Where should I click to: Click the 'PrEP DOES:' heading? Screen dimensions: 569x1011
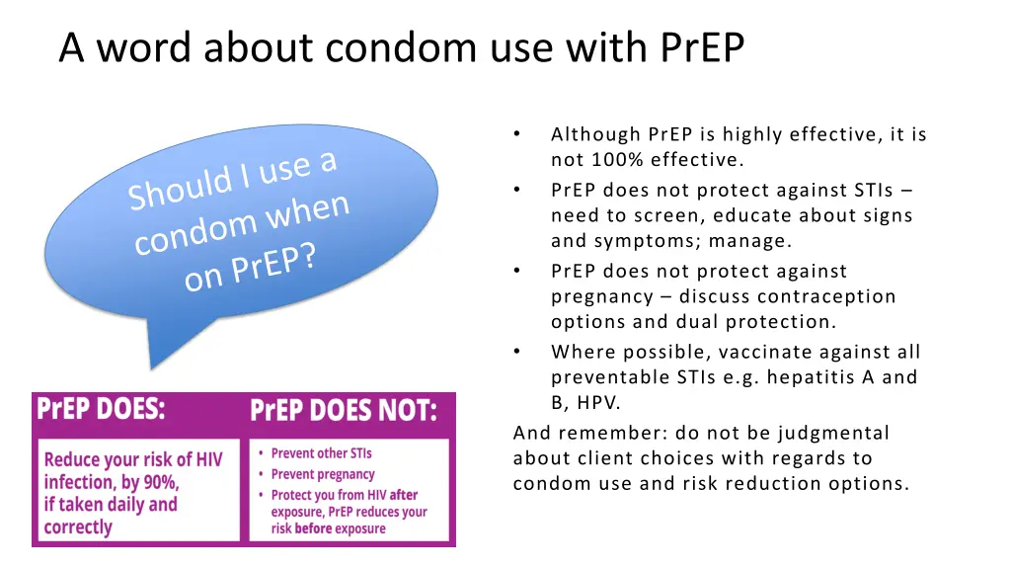coord(101,409)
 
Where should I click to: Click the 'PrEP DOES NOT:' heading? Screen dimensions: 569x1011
coord(343,410)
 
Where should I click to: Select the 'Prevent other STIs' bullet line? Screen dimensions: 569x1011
coord(322,453)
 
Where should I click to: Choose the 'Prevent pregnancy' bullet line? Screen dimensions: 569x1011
coord(323,474)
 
